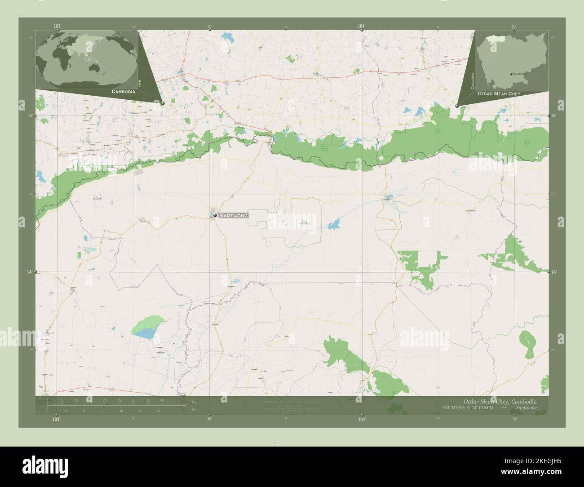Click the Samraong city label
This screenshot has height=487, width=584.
pyautogui.click(x=234, y=216)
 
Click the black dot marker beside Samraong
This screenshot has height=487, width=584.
pyautogui.click(x=216, y=216)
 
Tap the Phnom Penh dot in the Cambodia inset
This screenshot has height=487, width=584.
pyautogui.click(x=511, y=74)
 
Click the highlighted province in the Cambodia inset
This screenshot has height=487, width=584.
pyautogui.click(x=495, y=39)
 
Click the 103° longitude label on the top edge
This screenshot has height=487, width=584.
pyautogui.click(x=57, y=27)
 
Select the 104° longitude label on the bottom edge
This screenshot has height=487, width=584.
pyautogui.click(x=362, y=419)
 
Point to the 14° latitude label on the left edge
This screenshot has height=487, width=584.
pyautogui.click(x=30, y=272)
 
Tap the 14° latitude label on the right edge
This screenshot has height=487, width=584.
pyautogui.click(x=554, y=272)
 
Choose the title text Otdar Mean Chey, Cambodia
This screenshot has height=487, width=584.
pyautogui.click(x=500, y=401)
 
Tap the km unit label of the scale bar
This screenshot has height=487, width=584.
pyautogui.click(x=194, y=402)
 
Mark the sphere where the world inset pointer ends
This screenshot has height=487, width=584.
pyautogui.click(x=163, y=103)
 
